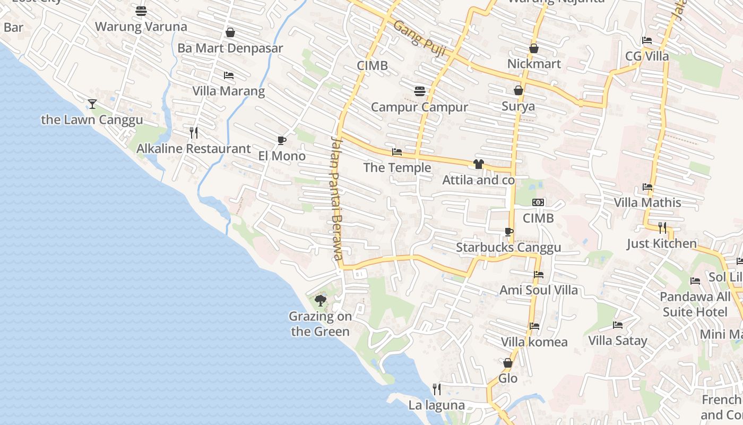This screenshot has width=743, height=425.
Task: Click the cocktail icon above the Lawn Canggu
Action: (92, 104)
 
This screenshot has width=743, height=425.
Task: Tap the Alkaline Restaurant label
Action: (194, 149)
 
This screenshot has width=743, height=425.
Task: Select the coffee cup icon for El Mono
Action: (282, 140)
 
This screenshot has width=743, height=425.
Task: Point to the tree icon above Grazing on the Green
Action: (320, 301)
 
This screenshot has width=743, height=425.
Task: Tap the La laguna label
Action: (436, 405)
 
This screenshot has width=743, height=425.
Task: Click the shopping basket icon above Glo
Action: (508, 363)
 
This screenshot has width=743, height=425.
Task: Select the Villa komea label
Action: (534, 342)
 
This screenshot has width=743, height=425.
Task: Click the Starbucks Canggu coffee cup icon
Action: (508, 232)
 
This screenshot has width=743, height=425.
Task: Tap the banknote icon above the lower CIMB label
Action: (538, 202)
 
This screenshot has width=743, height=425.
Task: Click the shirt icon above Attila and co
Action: (479, 164)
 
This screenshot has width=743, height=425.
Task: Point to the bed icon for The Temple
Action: (396, 152)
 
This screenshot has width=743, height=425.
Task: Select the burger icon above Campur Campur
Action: (420, 91)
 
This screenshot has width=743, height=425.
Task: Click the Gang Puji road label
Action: (419, 40)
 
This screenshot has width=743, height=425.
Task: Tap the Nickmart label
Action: (534, 64)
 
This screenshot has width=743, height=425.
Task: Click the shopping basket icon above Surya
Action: (519, 90)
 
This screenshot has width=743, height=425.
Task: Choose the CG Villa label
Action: (647, 56)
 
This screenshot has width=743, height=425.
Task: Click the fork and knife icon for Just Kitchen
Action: (662, 228)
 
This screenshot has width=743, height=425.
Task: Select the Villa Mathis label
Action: (647, 202)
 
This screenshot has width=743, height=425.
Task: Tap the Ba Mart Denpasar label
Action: (230, 48)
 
